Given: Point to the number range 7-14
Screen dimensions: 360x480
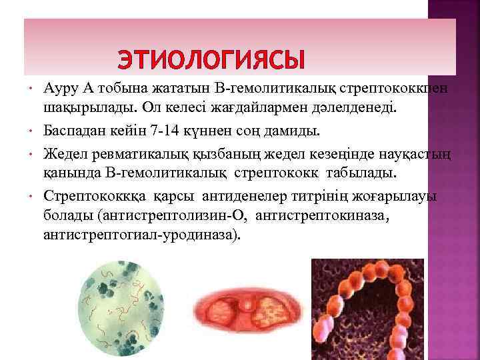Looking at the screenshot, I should (185, 129).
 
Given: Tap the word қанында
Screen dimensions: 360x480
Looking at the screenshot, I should (69, 173).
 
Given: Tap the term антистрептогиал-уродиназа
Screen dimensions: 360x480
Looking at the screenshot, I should (139, 235).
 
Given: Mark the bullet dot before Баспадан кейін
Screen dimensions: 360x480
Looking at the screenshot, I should (31, 129).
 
